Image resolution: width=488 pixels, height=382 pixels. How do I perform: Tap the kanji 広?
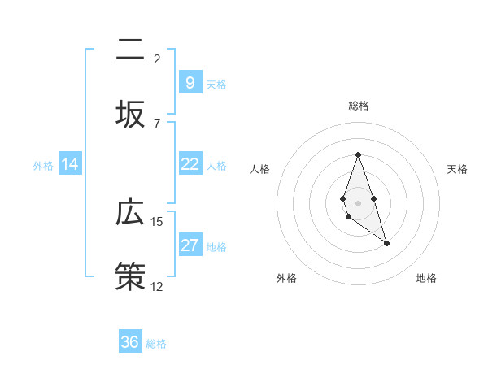(130, 213)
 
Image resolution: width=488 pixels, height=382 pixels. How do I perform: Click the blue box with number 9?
(190, 83)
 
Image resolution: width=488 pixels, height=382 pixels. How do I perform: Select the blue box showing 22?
(190, 164)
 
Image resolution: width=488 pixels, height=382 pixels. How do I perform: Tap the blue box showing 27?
(190, 245)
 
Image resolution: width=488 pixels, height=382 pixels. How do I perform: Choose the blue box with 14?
(70, 164)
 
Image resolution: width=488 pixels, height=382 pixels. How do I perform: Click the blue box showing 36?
(130, 342)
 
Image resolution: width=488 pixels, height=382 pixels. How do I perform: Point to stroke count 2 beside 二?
(157, 59)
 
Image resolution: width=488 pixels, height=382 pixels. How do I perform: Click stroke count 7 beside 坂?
(157, 124)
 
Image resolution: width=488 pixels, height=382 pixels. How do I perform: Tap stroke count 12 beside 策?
(157, 286)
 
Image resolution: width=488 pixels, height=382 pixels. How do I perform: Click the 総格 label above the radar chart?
(358, 106)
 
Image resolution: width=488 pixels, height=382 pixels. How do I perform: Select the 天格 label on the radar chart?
(457, 169)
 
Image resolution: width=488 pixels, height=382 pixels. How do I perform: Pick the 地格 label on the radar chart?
(426, 278)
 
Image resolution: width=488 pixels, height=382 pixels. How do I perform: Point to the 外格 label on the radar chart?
(286, 278)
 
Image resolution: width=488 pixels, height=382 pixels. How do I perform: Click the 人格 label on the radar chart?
(260, 169)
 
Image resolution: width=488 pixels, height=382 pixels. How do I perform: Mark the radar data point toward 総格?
(358, 154)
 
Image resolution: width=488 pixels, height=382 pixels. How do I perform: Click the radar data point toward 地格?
(386, 243)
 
